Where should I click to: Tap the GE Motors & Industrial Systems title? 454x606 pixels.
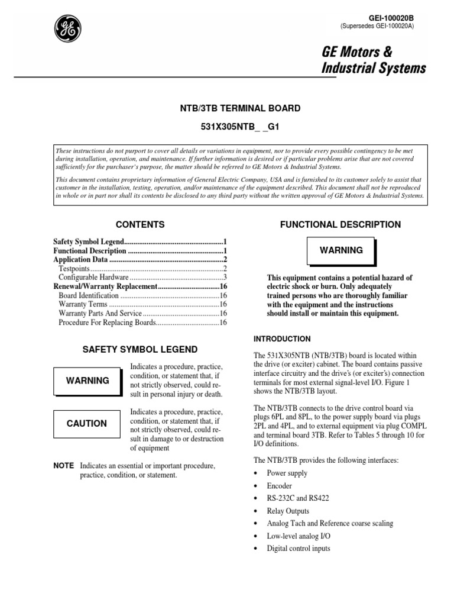click(373, 60)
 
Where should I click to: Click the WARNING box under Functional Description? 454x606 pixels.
click(341, 250)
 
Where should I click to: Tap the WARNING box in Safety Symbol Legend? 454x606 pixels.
click(87, 381)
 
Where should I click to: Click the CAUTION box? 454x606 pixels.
click(87, 424)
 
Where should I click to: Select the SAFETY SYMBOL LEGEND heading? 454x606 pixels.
click(140, 350)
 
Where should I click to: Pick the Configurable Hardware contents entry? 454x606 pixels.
click(93, 277)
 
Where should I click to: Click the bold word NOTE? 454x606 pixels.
click(63, 466)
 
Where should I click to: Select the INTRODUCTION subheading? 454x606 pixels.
click(282, 339)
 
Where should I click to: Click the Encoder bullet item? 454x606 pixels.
click(280, 486)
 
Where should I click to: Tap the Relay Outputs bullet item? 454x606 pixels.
click(288, 511)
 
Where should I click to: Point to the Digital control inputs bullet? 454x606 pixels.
click(299, 548)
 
